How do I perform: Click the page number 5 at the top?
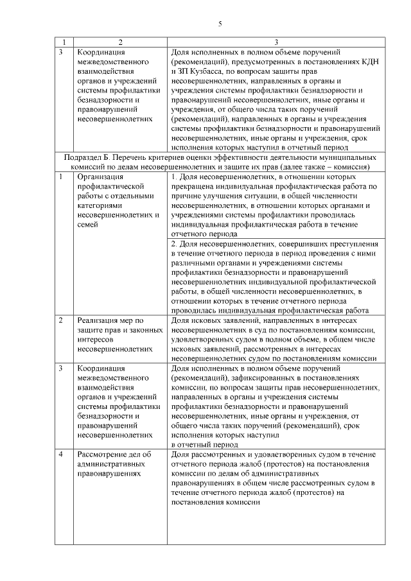click(x=220, y=24)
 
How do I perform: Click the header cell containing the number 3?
click(x=275, y=42)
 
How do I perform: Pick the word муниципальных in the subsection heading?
click(x=347, y=157)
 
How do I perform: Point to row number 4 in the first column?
click(x=60, y=455)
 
